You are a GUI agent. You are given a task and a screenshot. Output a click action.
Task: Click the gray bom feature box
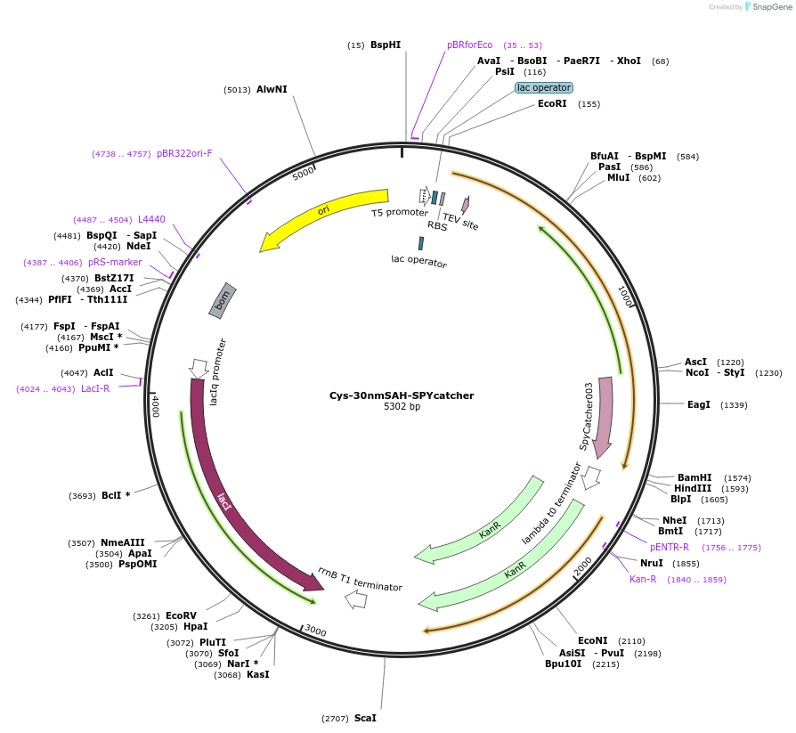point(223,300)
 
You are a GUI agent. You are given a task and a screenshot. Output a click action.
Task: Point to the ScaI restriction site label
point(365,718)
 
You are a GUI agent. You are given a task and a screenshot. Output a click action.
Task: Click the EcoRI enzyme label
point(552,104)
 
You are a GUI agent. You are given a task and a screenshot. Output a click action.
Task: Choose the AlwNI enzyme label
point(272,89)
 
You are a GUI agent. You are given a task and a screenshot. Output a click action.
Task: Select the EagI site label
point(699,404)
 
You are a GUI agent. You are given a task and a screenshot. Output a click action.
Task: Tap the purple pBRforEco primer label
point(469,45)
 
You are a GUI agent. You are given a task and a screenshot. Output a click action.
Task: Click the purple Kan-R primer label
point(643,579)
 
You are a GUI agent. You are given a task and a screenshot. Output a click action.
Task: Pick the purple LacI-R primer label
point(95,388)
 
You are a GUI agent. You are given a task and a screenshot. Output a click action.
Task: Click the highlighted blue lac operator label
point(544,87)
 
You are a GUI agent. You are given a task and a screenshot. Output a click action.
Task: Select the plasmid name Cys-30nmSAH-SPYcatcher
point(402,395)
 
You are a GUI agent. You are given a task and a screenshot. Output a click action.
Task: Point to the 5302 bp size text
point(402,407)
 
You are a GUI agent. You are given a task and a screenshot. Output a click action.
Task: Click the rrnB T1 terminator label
point(360,579)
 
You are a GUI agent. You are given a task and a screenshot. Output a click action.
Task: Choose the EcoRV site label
point(181,615)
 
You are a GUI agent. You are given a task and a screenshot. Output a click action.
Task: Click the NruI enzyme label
point(652,563)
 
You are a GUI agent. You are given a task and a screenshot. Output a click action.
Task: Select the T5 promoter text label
point(400,213)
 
